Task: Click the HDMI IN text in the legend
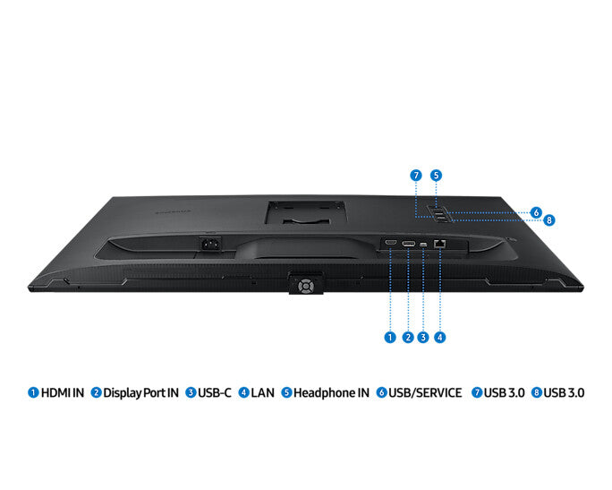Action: coord(63,392)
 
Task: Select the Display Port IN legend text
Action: coord(141,392)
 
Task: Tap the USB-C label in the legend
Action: coord(215,392)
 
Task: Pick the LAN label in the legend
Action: coord(263,392)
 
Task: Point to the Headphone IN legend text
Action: coord(332,392)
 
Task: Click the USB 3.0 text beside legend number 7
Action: coord(505,392)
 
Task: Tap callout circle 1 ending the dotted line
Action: coord(390,338)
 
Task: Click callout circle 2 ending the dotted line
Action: coord(407,338)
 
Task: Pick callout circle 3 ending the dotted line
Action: coord(423,338)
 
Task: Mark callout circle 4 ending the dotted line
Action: coord(440,338)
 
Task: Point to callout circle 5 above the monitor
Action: coord(436,175)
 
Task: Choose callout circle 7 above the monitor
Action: coord(416,175)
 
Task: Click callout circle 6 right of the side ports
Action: coord(536,212)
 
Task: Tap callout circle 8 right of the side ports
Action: coord(549,219)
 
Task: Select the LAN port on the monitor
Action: coord(439,243)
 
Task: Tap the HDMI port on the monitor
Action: coord(391,243)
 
